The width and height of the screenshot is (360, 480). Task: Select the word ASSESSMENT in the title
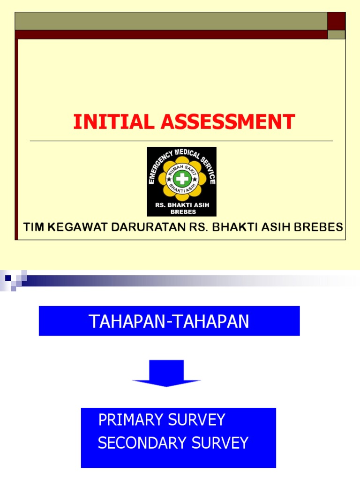tap(228, 122)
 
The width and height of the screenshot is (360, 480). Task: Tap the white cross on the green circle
tap(181, 179)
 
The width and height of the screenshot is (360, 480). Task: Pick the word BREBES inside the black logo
tap(181, 211)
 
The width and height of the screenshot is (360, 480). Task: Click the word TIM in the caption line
tap(33, 228)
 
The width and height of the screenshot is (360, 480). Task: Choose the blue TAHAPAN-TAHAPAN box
tap(169, 321)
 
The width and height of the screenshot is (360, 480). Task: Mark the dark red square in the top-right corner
tap(336, 21)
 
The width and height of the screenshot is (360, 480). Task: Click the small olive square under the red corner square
tap(336, 35)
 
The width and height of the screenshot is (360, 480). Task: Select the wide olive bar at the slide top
tap(171, 21)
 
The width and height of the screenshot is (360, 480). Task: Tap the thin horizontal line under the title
tap(181, 141)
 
